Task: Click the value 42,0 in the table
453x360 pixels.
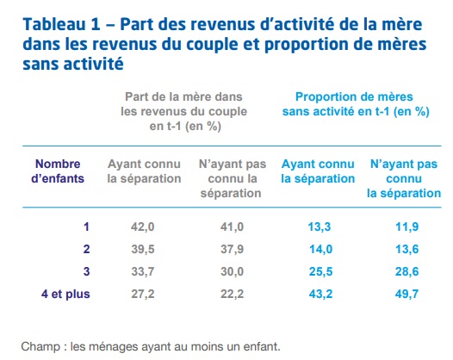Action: (142, 227)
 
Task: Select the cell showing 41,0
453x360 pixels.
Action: (232, 227)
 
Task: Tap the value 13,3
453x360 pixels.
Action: (320, 227)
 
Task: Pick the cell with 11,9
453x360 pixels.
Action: (406, 227)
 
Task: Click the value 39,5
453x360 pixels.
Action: (143, 250)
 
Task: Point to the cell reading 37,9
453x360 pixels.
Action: (232, 250)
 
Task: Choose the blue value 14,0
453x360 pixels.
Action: (320, 250)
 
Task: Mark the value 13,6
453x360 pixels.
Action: (406, 250)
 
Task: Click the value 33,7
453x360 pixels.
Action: (143, 272)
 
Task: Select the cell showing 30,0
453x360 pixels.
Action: (232, 272)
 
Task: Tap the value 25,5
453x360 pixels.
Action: (320, 272)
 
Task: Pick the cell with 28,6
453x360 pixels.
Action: (406, 272)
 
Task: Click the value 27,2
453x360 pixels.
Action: (143, 295)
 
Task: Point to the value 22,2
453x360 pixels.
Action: (232, 295)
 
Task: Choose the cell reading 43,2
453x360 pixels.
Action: (320, 295)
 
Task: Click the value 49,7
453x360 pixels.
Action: (406, 295)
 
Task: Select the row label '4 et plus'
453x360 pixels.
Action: (65, 295)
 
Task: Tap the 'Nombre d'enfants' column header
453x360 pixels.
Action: (58, 171)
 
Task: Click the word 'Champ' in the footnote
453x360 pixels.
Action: (40, 347)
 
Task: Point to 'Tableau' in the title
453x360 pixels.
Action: (54, 24)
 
